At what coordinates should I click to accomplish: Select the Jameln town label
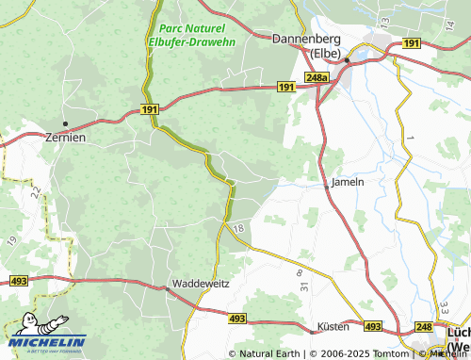coord(347,181)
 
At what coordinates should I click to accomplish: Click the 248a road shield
coord(317,76)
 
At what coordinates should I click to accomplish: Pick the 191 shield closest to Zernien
coord(150,110)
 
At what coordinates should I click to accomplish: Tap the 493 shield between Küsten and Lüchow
coord(373,326)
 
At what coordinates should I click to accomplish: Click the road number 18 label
coord(238,229)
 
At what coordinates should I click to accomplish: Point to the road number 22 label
coord(35,191)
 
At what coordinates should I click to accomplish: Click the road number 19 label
coord(12,241)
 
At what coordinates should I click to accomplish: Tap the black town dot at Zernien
coord(65,123)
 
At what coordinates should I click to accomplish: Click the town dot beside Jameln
coord(327,187)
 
